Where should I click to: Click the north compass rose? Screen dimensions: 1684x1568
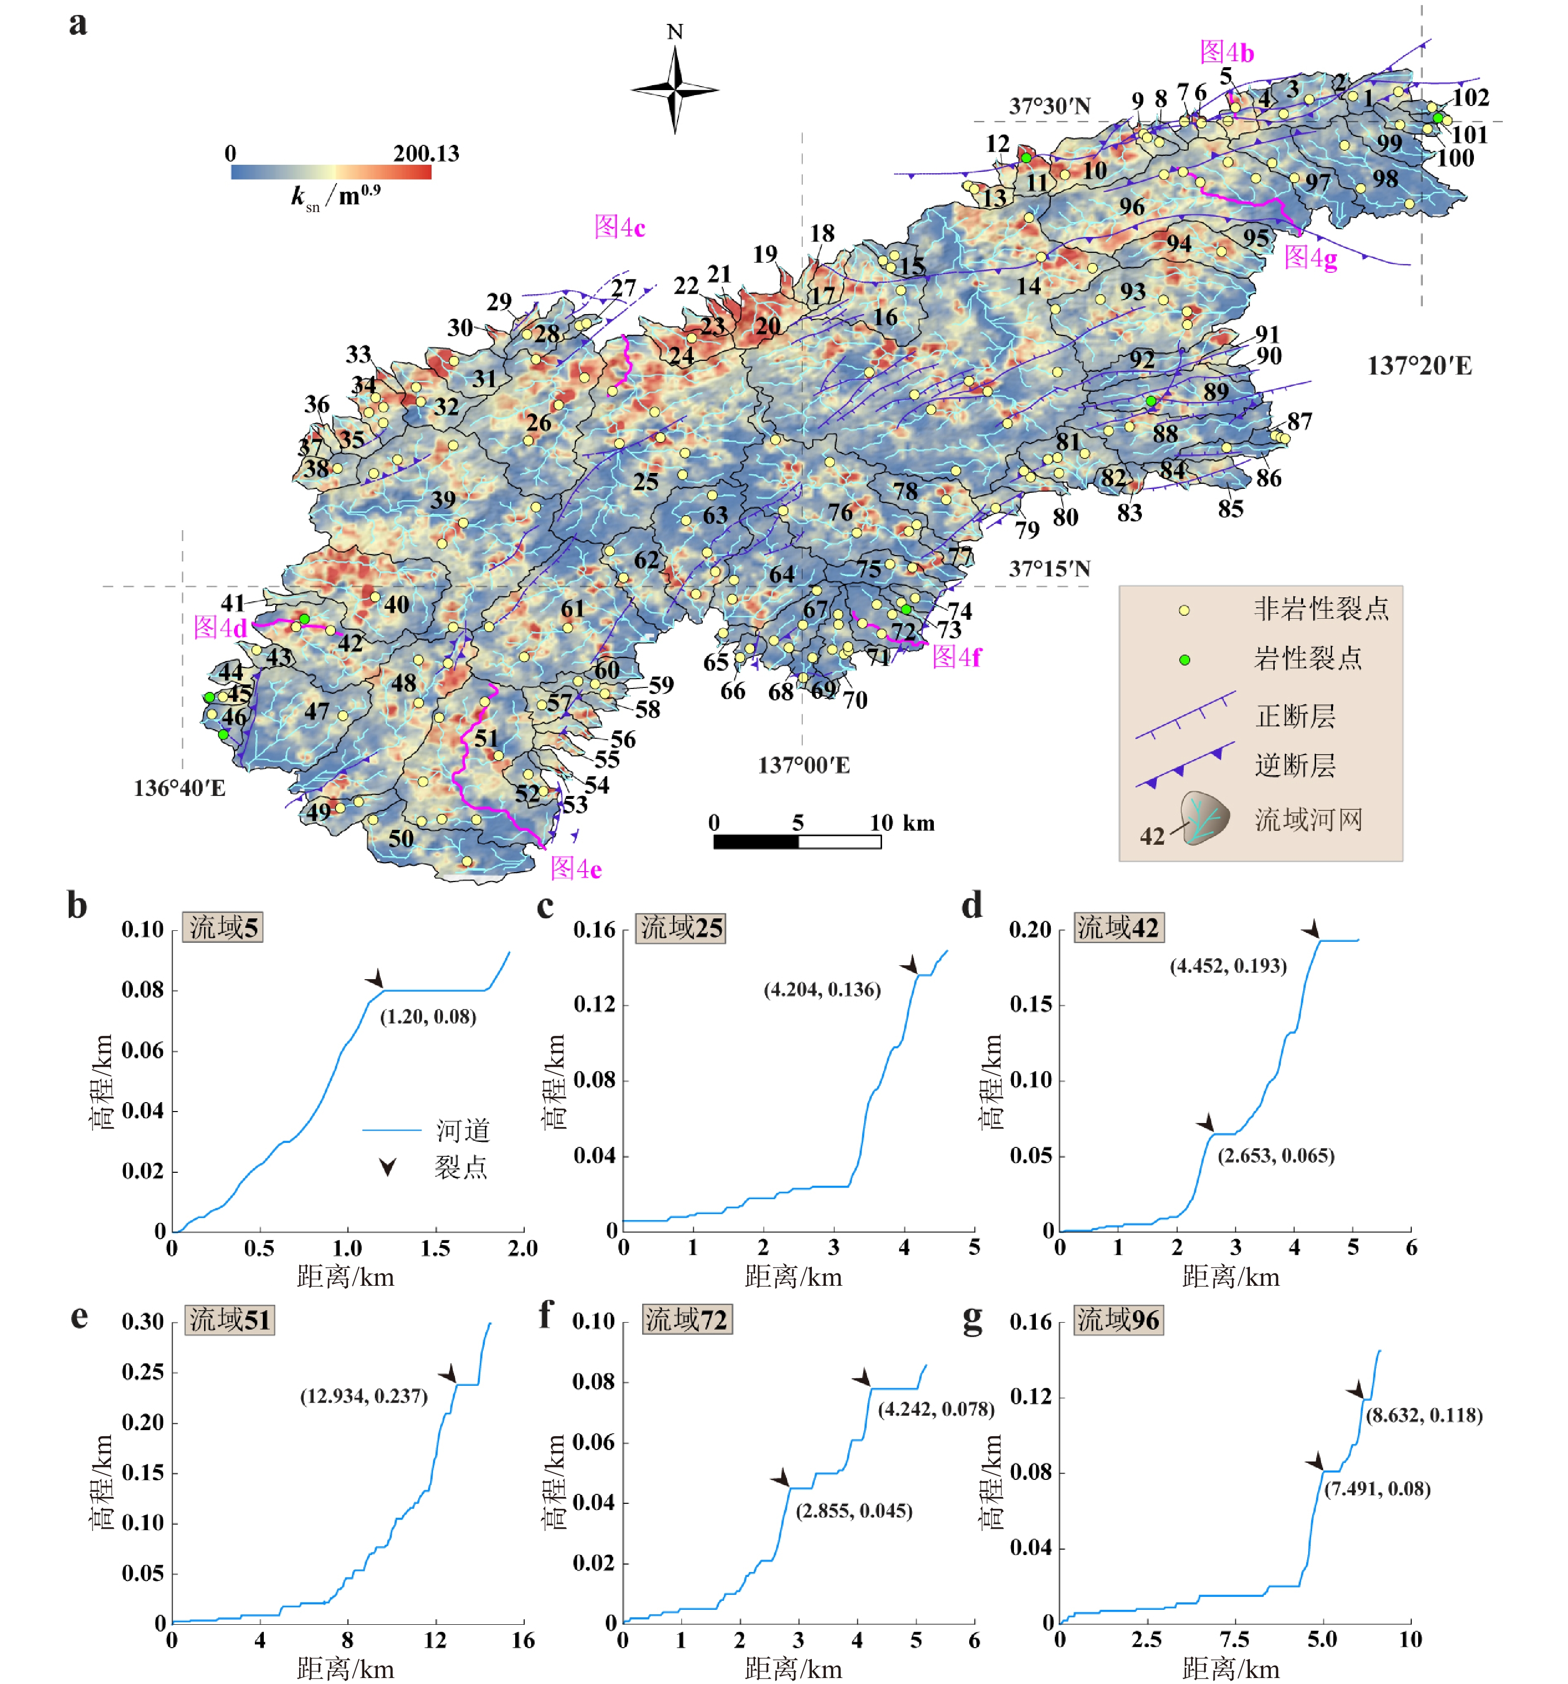click(674, 89)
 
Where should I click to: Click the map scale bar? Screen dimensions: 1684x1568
click(796, 841)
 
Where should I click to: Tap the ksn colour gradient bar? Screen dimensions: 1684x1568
click(331, 172)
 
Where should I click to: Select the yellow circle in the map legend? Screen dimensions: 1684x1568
click(1183, 610)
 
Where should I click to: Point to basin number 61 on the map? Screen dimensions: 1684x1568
click(572, 608)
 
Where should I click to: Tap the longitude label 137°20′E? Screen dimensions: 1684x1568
click(1419, 366)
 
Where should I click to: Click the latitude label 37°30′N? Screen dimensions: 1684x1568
click(1049, 106)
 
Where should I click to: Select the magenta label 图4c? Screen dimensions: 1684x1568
click(619, 227)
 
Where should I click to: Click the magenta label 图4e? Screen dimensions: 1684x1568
click(575, 868)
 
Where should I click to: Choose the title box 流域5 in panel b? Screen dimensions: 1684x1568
click(223, 927)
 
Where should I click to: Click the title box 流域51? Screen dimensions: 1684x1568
click(228, 1320)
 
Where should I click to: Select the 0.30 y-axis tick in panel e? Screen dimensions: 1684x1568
click(142, 1322)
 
